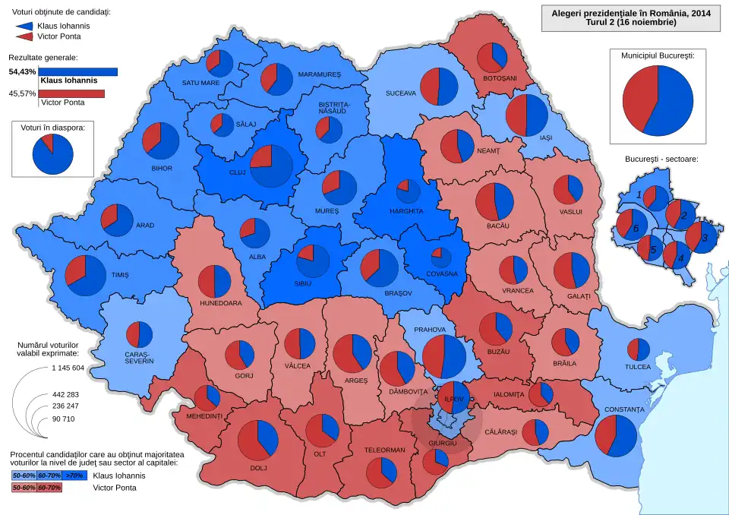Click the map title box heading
click(630, 17)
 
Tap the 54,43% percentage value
click(22, 71)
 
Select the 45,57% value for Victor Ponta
click(22, 94)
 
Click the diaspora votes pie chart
click(53, 155)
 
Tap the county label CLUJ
click(237, 172)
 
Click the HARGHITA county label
click(406, 210)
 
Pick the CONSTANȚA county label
click(624, 410)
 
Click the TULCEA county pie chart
click(638, 349)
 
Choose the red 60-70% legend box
click(49, 487)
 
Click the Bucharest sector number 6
click(636, 228)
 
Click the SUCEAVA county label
click(400, 93)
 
